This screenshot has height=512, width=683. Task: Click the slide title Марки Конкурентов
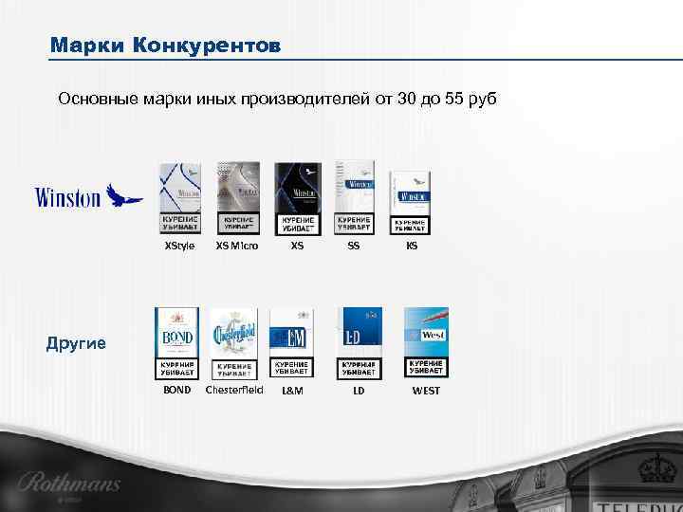165,46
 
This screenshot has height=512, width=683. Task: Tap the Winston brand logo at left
88,196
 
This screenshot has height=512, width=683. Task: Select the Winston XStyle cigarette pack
179,197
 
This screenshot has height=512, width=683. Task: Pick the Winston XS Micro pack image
237,197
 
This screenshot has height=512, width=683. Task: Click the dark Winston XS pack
297,197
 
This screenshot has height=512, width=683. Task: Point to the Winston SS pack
354,196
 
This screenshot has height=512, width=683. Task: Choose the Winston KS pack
411,202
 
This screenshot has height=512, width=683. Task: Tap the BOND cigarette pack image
177,342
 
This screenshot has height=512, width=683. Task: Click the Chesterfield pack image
233,342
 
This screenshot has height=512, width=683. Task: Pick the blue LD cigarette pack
360,342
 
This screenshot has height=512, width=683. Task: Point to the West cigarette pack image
426,342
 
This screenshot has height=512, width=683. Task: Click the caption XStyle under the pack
179,246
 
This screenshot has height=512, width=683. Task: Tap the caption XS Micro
237,246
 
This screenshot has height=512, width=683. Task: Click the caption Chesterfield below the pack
234,390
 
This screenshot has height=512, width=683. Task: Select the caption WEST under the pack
426,391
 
